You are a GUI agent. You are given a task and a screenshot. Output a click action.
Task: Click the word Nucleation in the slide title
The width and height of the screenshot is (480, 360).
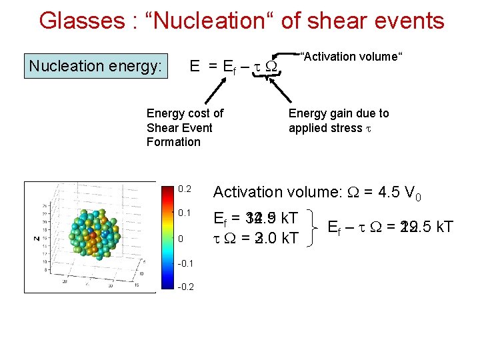pos(211,21)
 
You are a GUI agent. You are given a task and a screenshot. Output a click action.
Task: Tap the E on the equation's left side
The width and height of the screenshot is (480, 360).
pos(195,66)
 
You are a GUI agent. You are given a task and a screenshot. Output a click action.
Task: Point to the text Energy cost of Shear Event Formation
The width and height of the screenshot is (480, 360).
pos(185,127)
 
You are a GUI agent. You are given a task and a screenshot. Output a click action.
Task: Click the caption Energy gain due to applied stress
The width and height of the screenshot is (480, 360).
pos(338,120)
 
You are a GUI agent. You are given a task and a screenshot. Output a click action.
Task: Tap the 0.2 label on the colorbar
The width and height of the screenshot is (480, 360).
pos(185,189)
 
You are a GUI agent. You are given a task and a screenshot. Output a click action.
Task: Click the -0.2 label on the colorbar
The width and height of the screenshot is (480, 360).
pos(186,287)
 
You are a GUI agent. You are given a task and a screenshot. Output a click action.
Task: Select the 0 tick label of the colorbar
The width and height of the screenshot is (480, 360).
pos(181,239)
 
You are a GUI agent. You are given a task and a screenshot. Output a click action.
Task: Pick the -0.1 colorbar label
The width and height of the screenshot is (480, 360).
pos(186,263)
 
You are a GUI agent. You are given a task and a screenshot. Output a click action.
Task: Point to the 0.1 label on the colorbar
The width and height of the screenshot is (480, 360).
pos(185,213)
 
